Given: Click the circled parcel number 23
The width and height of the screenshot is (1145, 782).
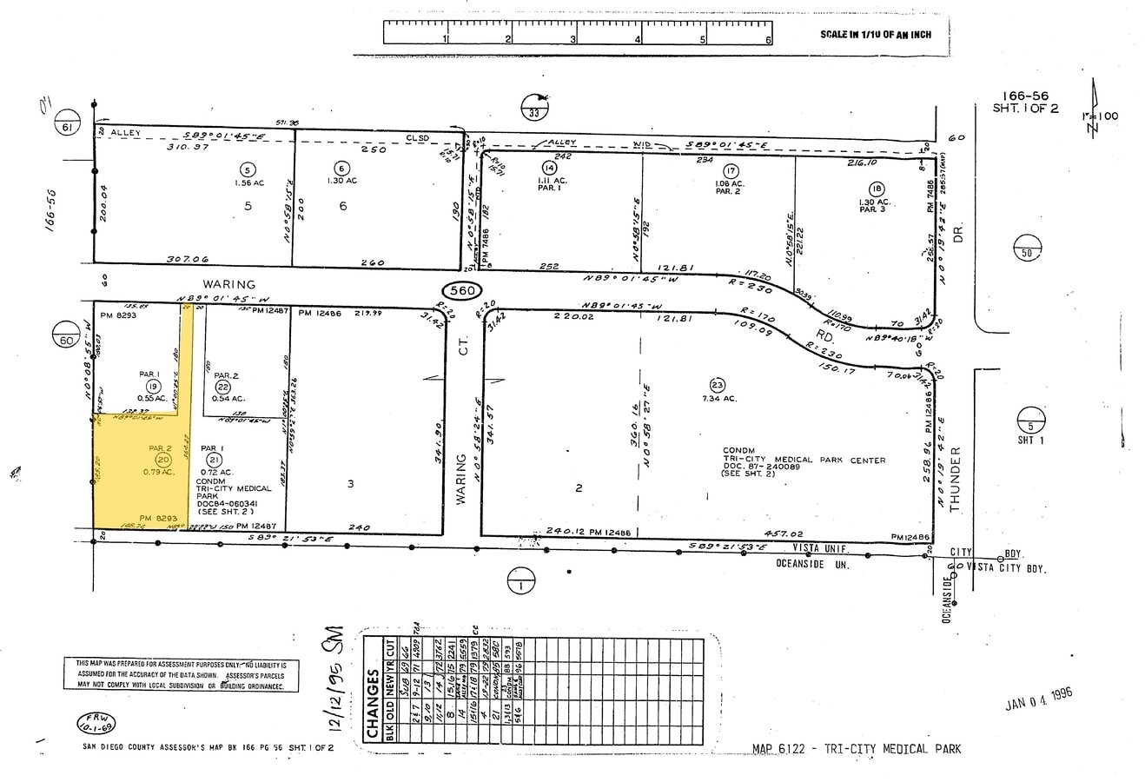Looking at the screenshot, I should click(717, 385).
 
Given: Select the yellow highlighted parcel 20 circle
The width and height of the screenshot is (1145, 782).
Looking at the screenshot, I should click(162, 460).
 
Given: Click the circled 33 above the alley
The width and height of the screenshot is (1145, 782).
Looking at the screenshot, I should click(534, 110).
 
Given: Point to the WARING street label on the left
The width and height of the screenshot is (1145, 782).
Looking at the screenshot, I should click(229, 284).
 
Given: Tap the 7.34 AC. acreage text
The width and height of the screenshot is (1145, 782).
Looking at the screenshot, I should click(718, 398).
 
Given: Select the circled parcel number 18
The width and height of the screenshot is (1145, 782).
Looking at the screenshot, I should click(875, 189).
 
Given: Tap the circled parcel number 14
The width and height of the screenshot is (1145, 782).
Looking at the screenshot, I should click(548, 168).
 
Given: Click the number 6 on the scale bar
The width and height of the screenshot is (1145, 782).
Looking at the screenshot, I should click(768, 40).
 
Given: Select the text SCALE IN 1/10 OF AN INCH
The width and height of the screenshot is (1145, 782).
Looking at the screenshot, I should click(876, 35).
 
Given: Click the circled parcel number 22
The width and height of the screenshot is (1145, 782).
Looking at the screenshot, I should click(223, 387).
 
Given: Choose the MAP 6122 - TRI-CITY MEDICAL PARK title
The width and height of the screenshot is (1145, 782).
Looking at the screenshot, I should click(857, 749).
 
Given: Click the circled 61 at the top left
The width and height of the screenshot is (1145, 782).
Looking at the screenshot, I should click(65, 126).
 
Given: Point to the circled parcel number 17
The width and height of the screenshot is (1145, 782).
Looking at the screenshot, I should click(731, 171).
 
